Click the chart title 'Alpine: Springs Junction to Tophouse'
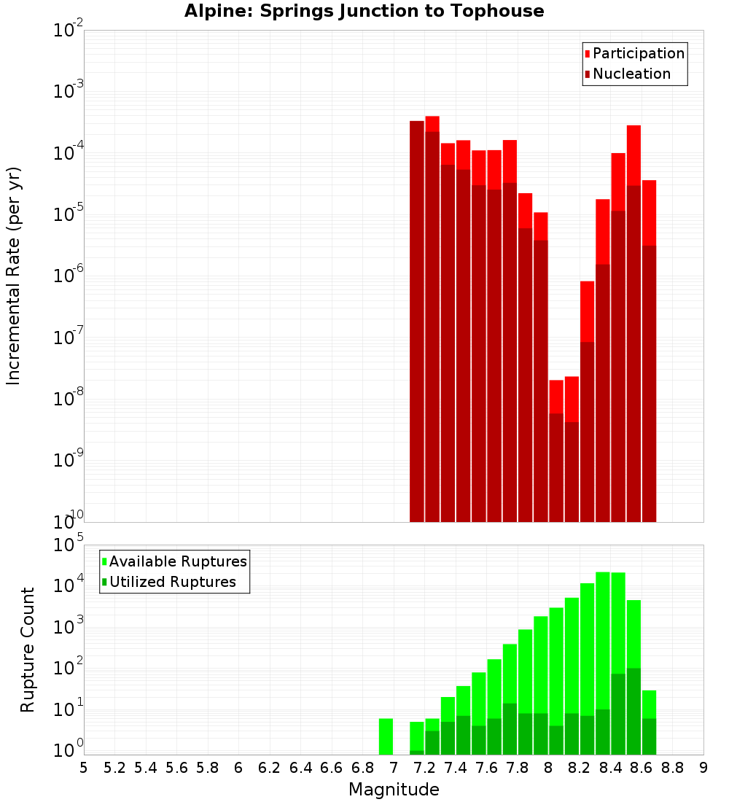tap(364, 11)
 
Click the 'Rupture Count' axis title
tap(28, 650)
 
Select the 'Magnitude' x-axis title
tap(394, 790)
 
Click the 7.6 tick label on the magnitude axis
tap(486, 768)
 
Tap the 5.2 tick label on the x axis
tap(114, 768)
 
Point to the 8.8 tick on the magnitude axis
tap(672, 768)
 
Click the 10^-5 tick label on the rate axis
tap(69, 214)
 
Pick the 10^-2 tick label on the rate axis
tap(69, 31)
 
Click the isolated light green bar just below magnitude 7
tap(386, 736)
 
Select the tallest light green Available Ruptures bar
tap(603, 642)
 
